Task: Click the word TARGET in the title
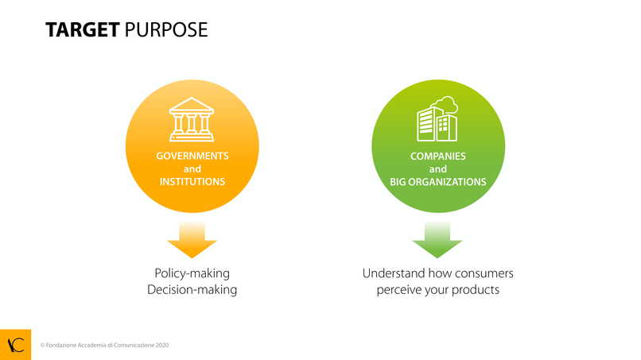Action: (82, 30)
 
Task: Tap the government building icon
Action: (192, 120)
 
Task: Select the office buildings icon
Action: (437, 119)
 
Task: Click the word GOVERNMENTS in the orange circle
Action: (192, 156)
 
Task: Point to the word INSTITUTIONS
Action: (192, 182)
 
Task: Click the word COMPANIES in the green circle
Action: (437, 156)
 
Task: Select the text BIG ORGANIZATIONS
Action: (437, 182)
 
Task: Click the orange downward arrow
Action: (192, 239)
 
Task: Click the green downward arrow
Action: (437, 239)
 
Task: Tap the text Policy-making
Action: (192, 273)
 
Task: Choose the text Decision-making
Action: (192, 290)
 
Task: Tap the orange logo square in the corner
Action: (15, 344)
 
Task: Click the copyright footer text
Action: (104, 345)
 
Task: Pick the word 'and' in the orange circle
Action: (192, 169)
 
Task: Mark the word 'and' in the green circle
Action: (437, 169)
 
